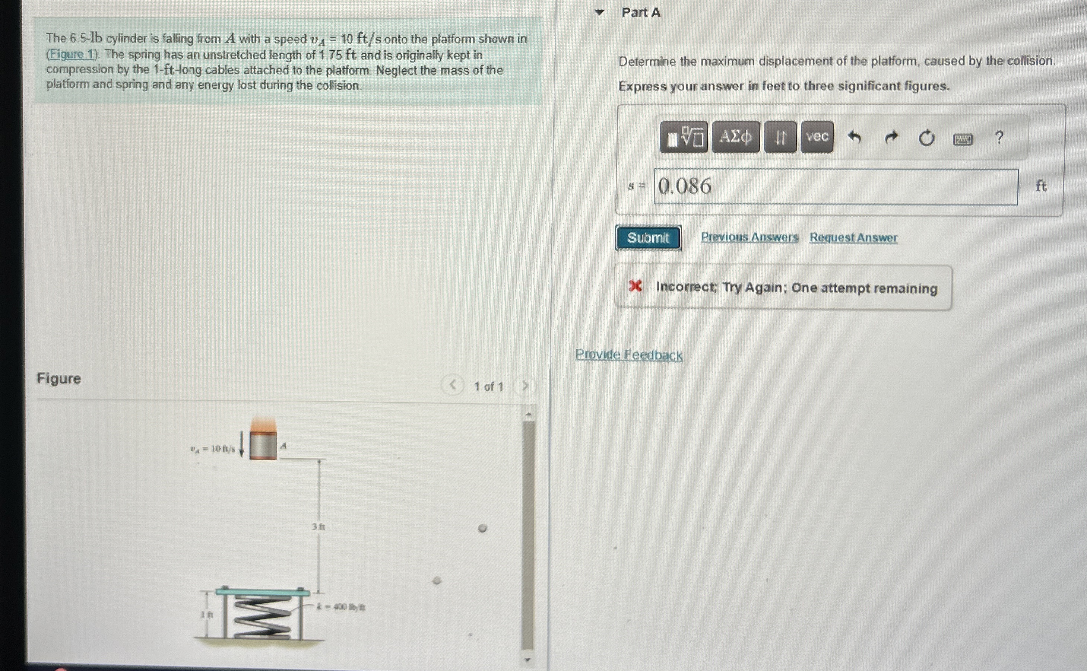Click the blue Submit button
[648, 238]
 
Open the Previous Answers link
[749, 238]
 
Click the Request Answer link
[853, 238]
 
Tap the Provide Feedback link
[628, 355]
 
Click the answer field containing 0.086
[835, 187]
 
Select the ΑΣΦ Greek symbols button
[735, 137]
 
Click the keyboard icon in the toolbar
[962, 140]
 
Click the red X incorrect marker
[635, 287]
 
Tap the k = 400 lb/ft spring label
[341, 607]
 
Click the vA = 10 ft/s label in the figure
[213, 449]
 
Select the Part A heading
[640, 13]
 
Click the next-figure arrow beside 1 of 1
[525, 386]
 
